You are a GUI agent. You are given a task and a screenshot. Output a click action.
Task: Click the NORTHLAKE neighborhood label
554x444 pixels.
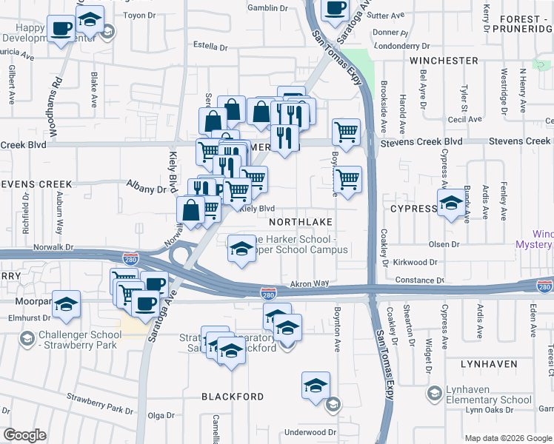coord(298,222)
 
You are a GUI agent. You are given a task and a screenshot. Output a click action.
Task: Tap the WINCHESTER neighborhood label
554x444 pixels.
coord(444,60)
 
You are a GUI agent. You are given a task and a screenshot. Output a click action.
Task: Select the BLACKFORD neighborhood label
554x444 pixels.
coord(233,397)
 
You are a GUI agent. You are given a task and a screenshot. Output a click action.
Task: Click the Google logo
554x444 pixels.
coord(24,435)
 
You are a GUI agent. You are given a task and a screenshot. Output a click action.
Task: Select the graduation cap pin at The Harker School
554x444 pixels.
coord(241,249)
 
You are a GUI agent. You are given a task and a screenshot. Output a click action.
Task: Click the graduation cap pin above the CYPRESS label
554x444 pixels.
coord(450,203)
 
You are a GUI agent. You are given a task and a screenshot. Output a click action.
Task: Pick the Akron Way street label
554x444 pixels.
coord(309,283)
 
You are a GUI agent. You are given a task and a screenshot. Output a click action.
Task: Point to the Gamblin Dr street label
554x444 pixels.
coord(267,8)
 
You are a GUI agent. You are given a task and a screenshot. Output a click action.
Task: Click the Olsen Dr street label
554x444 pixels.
coord(444,243)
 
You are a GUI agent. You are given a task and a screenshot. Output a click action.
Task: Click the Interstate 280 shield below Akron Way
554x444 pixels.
coord(268,294)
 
